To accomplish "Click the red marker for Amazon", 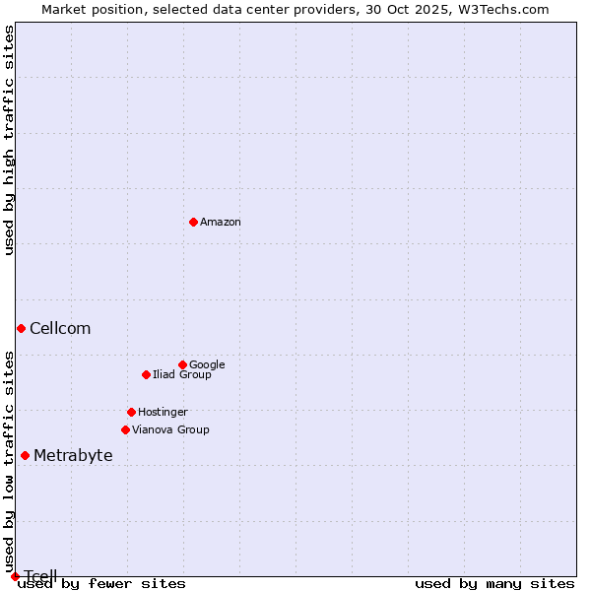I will pos(193,222).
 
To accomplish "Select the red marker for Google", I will pos(182,364).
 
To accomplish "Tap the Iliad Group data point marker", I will pos(146,374).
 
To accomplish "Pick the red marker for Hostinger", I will pos(131,412).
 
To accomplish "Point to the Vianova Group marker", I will pos(125,429).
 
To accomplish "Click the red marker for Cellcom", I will pos(21,328).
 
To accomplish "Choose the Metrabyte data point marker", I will pos(25,455).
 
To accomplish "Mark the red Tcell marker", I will pos(15,576).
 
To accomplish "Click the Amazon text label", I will pos(221,223).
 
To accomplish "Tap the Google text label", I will pos(207,364).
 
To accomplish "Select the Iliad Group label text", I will pos(182,374).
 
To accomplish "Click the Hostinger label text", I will pos(163,412).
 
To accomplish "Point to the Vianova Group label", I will pos(170,429).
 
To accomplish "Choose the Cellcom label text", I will pos(60,329).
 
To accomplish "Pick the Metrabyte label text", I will pos(73,456).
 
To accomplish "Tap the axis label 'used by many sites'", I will pos(494,583).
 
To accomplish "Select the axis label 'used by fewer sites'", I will pos(101,583).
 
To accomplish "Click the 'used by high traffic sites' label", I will pos(9,140).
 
